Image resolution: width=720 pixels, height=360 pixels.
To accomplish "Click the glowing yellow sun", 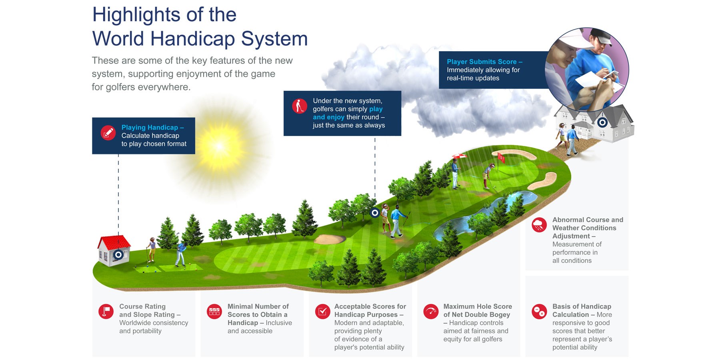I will [219, 147].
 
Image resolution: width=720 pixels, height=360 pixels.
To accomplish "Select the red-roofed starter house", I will [114, 250].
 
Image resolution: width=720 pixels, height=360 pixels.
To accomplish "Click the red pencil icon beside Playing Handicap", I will [108, 133].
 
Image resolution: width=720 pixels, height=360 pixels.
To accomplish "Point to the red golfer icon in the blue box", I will [299, 106].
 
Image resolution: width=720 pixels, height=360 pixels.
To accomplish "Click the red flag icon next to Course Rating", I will [106, 311].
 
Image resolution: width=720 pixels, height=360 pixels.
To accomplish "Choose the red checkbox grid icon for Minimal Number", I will [214, 311].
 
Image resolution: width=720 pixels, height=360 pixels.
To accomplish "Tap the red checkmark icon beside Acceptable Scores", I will [322, 311].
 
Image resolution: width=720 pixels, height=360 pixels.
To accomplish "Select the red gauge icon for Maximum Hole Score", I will [431, 311].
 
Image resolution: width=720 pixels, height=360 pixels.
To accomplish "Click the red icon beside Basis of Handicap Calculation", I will [539, 311].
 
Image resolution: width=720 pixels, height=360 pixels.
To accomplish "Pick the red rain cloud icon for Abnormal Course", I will [539, 225].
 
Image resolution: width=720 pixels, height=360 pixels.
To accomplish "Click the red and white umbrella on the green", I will [459, 156].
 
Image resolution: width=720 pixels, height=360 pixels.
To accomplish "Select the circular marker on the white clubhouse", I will [602, 122].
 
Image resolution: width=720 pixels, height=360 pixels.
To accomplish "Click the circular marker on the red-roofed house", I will [118, 255].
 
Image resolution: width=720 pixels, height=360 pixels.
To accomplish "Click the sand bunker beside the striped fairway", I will [330, 239].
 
